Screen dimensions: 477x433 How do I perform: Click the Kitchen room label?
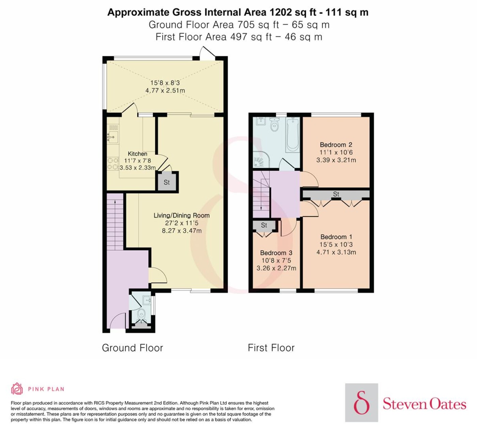click(x=137, y=154)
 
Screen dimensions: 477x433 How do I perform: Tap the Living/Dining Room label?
click(x=182, y=215)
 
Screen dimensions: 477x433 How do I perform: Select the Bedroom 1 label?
click(x=336, y=237)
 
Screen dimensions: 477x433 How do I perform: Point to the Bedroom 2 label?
click(x=336, y=145)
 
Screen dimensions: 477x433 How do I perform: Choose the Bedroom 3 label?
click(x=276, y=253)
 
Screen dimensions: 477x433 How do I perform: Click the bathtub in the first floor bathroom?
click(x=293, y=134)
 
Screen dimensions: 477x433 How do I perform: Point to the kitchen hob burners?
click(x=113, y=164)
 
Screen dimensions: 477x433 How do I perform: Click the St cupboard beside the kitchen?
click(x=167, y=182)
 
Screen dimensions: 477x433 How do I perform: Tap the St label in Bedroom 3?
click(x=264, y=225)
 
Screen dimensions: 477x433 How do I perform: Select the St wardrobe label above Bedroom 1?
click(x=336, y=194)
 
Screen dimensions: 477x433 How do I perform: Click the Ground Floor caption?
click(x=133, y=348)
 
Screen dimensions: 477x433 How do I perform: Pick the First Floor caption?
click(x=271, y=348)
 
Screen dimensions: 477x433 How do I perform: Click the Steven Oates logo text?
click(x=425, y=404)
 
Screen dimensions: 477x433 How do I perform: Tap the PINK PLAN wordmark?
click(x=46, y=389)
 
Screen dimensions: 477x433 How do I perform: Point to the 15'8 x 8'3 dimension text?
click(x=165, y=83)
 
